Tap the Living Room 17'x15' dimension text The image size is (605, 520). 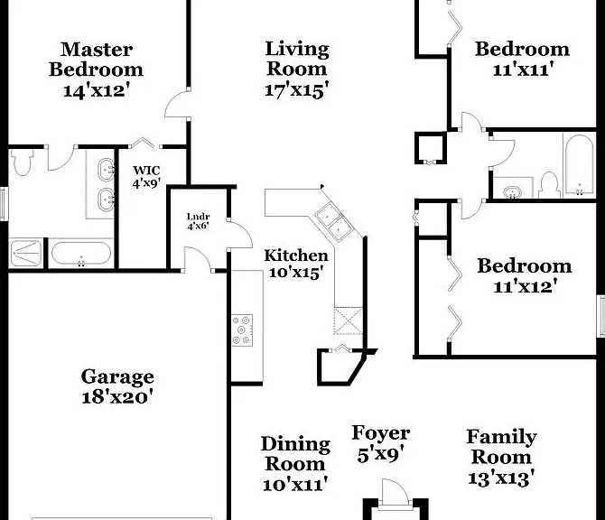tap(297, 90)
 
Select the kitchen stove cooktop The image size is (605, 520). tap(242, 330)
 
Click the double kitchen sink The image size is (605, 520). tap(334, 222)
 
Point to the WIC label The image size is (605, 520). tap(146, 170)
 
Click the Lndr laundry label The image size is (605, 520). tap(199, 217)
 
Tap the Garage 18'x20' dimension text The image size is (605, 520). tap(117, 397)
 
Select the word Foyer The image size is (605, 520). tap(380, 433)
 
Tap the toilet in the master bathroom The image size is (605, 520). tap(21, 162)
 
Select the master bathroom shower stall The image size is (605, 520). tap(26, 253)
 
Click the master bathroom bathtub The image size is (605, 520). tap(81, 254)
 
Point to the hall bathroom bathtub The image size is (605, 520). tap(579, 165)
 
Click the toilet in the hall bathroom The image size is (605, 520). tap(549, 185)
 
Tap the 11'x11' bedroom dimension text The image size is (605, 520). tap(524, 70)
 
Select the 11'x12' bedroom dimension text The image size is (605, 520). tap(526, 286)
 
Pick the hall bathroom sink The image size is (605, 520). tap(512, 191)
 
